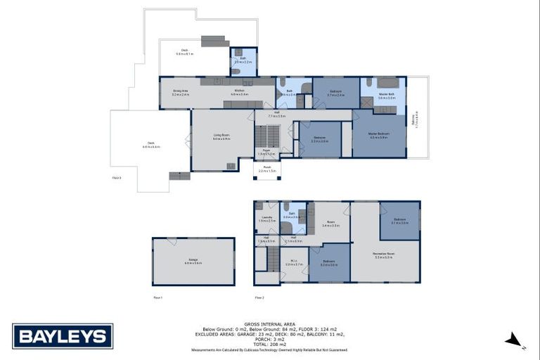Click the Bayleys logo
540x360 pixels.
[63, 336]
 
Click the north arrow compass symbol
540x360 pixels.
[515, 340]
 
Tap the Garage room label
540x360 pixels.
[193, 262]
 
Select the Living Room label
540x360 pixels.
[222, 138]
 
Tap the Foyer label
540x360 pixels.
[267, 152]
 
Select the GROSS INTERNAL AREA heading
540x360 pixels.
[269, 324]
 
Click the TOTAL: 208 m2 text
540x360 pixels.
[269, 344]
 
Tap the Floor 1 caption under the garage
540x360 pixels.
[157, 297]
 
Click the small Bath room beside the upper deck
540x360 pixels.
[243, 62]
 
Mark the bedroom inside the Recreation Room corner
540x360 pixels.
[399, 221]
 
